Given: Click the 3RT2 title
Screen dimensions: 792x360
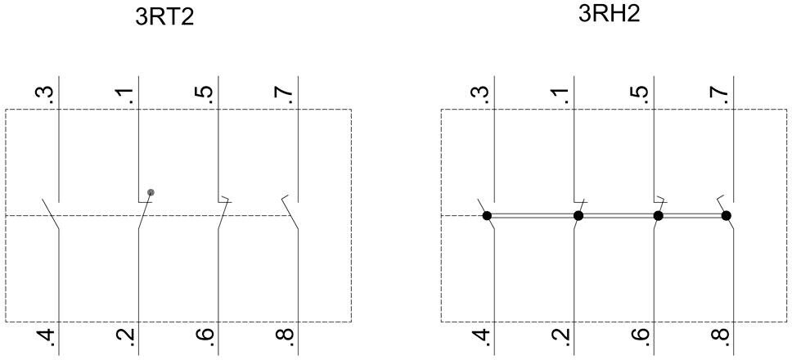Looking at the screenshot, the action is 164,17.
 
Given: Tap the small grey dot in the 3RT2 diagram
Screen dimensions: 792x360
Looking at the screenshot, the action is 151,192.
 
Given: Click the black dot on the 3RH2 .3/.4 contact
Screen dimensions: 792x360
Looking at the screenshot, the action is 487,216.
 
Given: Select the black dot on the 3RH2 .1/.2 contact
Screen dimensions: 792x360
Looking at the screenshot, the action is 578,216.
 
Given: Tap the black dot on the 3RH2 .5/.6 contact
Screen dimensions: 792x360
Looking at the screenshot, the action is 658,216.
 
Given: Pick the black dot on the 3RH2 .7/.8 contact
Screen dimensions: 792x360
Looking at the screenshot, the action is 727,216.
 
